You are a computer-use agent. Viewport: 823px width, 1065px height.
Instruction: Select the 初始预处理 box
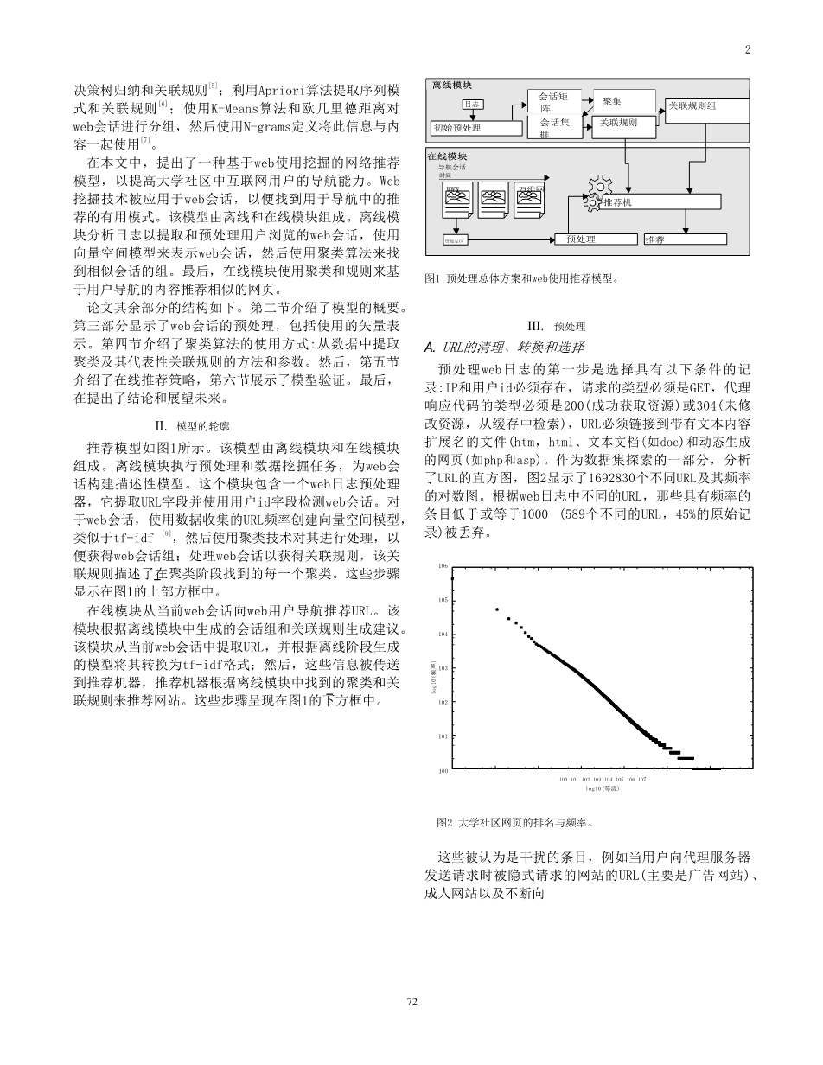click(476, 128)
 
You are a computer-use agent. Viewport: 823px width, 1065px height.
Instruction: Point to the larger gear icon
click(598, 188)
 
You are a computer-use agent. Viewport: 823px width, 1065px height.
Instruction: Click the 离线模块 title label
click(452, 86)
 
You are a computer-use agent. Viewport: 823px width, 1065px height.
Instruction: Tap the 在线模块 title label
click(448, 156)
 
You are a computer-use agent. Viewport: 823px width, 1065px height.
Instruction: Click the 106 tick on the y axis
click(443, 565)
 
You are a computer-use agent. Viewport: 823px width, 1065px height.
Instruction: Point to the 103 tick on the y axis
click(443, 668)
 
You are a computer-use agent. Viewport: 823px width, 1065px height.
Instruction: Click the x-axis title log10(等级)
click(602, 788)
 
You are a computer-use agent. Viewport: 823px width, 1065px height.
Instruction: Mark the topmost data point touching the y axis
click(451, 577)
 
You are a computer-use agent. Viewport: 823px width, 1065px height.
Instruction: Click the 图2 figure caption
click(515, 823)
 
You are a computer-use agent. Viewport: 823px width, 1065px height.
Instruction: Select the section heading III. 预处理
click(556, 327)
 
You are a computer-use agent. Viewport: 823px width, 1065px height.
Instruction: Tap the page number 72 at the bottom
click(411, 1001)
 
